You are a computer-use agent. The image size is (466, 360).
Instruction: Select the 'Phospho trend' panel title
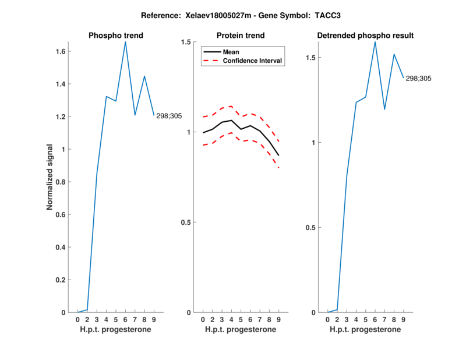click(x=116, y=36)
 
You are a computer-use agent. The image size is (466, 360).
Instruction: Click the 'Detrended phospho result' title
click(x=365, y=36)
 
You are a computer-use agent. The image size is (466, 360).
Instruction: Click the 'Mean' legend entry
click(x=231, y=52)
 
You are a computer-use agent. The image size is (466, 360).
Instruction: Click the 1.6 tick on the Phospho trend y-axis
click(x=63, y=51)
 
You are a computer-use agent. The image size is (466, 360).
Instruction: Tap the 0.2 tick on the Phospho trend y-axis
click(x=63, y=280)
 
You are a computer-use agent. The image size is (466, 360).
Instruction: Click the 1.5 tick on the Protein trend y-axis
click(x=187, y=42)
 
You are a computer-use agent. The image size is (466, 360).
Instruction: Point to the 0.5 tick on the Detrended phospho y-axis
click(x=312, y=228)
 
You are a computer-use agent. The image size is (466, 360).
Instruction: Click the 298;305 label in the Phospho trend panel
click(x=169, y=116)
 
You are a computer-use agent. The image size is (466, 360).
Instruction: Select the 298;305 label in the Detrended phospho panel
click(x=419, y=78)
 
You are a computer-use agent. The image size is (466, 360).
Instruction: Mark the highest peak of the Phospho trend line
click(x=125, y=42)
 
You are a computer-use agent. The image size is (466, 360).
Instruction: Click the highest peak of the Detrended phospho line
click(x=375, y=42)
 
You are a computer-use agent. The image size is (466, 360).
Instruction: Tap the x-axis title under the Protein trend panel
click(x=240, y=330)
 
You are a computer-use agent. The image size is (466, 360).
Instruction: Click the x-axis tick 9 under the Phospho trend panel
click(x=154, y=319)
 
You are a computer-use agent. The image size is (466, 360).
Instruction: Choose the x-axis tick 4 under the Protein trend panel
click(x=231, y=319)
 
